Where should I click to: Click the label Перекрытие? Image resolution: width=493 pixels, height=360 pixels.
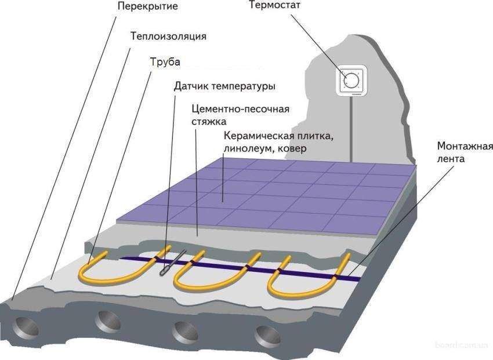click(148, 6)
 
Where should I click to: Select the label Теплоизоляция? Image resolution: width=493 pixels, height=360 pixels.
click(169, 37)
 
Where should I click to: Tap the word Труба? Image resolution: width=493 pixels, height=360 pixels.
click(165, 62)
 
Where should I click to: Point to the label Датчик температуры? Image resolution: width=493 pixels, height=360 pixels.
click(225, 86)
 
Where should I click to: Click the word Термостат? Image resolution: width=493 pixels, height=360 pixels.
click(275, 5)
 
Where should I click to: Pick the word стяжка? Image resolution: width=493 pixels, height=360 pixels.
click(209, 121)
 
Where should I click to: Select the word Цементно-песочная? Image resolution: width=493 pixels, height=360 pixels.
click(241, 109)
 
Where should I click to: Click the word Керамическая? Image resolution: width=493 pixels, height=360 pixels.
click(259, 136)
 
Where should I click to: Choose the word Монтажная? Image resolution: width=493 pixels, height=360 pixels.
click(465, 147)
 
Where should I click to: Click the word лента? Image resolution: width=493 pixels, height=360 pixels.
click(451, 159)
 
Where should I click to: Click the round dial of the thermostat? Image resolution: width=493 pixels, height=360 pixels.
click(351, 79)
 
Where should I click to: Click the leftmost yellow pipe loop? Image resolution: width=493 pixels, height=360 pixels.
click(125, 268)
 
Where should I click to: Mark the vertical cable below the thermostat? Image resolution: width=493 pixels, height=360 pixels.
click(351, 129)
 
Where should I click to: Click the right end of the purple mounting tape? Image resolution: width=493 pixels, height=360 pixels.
click(360, 279)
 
